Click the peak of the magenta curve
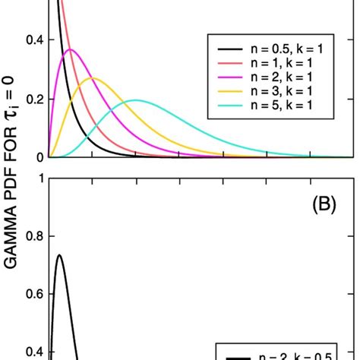[x=70, y=50]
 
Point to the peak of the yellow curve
[x=92, y=77]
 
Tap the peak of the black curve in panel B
[x=58, y=255]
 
